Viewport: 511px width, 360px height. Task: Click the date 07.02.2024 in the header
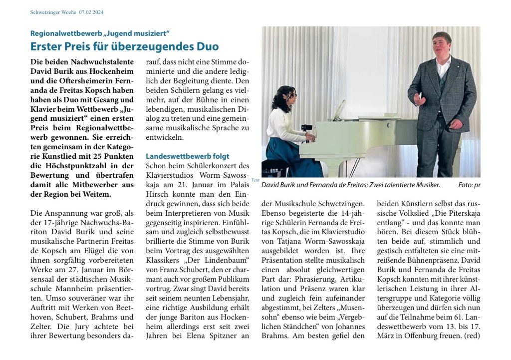click(x=95, y=12)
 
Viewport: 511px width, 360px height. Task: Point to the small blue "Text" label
click(x=255, y=180)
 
